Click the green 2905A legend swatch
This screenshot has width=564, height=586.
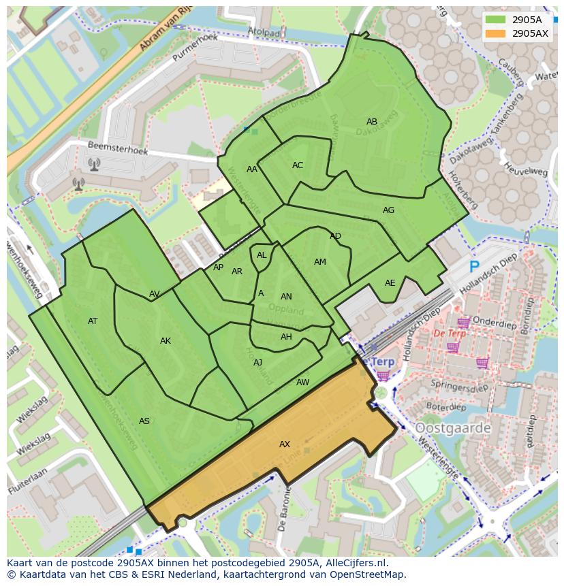pos(495,20)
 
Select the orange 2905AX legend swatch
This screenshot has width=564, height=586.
pos(495,33)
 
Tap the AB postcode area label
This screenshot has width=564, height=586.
pos(372,122)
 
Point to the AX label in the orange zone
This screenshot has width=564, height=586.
pos(285,444)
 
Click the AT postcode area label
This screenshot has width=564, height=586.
pos(93,321)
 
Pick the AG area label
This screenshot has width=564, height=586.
pos(388,210)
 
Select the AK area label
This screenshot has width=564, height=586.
pos(166,341)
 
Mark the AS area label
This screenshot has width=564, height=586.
pos(144,421)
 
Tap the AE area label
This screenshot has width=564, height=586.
pos(390,283)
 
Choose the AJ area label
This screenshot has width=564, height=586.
pos(257,363)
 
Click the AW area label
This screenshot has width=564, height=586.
pos(302,382)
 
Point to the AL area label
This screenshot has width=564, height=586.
pos(262,255)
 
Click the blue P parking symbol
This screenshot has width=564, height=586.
pos(474,267)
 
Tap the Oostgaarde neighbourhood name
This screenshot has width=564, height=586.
pos(453,428)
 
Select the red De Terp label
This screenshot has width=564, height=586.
pos(450,334)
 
